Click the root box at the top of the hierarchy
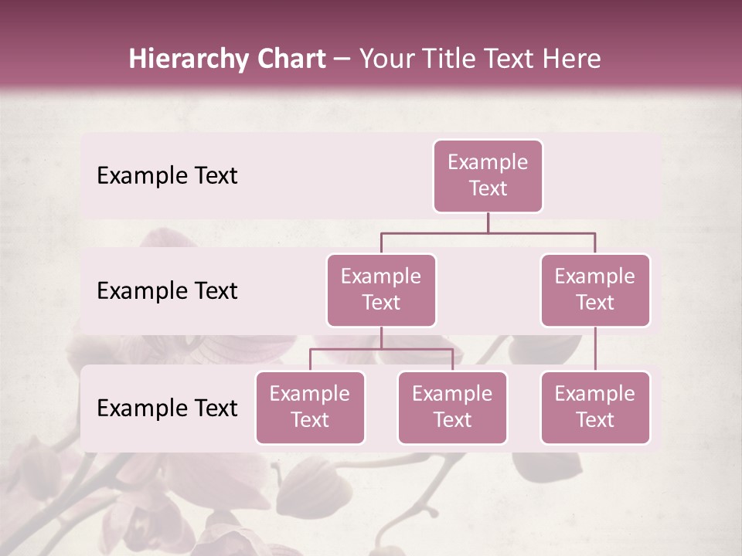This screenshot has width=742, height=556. coord(488,175)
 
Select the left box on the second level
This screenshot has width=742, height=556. coord(381,290)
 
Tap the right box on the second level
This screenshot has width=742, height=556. coord(595,290)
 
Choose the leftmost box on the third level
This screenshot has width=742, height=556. coord(310,407)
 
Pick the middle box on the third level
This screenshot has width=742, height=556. coord(452,407)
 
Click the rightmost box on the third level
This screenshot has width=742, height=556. coord(595,407)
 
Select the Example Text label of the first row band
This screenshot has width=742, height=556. coord(167,176)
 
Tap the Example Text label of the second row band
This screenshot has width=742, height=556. coord(167,291)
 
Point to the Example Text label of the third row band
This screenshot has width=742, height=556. coord(167,409)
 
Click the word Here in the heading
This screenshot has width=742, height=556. coord(573,59)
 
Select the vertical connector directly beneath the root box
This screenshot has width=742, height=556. coord(488,222)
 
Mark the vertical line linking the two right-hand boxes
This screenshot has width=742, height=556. coord(595,349)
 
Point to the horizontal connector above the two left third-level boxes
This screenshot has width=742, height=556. coord(381,350)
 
